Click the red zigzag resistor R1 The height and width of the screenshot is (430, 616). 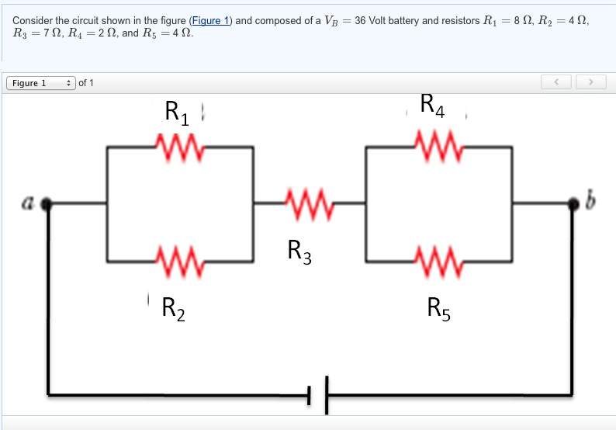pos(180,145)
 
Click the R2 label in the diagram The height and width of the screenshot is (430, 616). pos(173,308)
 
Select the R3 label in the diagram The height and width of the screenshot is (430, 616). pos(299,251)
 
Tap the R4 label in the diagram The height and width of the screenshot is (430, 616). pos(432,106)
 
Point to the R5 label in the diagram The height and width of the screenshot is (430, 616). pos(438,308)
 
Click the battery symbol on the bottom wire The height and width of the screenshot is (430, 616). pos(317,394)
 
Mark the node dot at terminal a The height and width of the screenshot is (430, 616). pos(48,203)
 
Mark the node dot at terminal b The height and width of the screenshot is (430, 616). pos(574,203)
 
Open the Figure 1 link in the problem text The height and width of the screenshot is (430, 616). pos(211,20)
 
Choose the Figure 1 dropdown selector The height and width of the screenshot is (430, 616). pos(40,83)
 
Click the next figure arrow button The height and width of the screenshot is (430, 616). pos(591,81)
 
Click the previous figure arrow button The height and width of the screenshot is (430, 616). pos(558,81)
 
